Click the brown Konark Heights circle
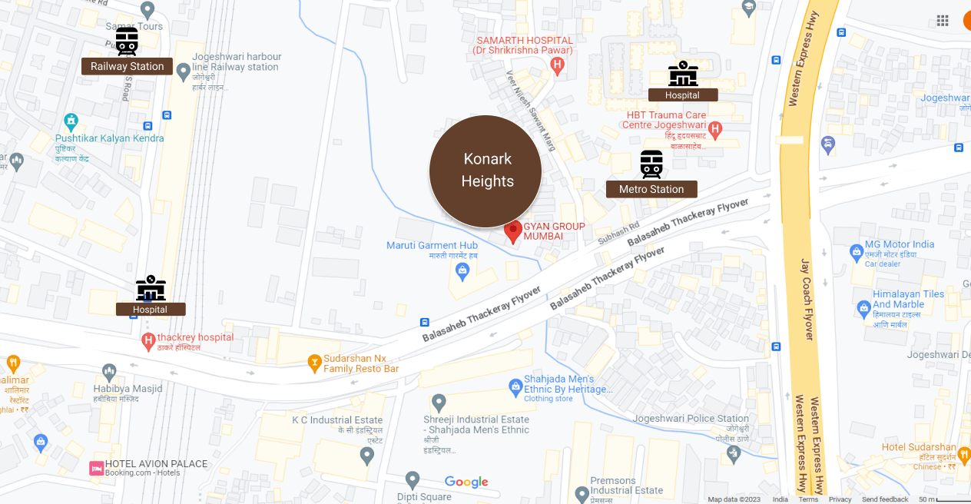485,171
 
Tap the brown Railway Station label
127,66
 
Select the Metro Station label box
651,189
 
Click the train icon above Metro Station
651,164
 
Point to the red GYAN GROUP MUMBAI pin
513,231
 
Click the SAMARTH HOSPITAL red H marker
558,67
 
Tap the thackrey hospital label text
195,338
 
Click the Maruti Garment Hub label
432,246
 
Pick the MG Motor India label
900,244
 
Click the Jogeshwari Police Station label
691,419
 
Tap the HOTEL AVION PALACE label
156,464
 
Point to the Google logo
466,482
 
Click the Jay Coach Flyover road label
807,299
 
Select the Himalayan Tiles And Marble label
908,300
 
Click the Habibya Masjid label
128,389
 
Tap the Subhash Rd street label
619,234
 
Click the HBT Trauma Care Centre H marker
715,129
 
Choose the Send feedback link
885,499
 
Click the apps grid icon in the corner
943,21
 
